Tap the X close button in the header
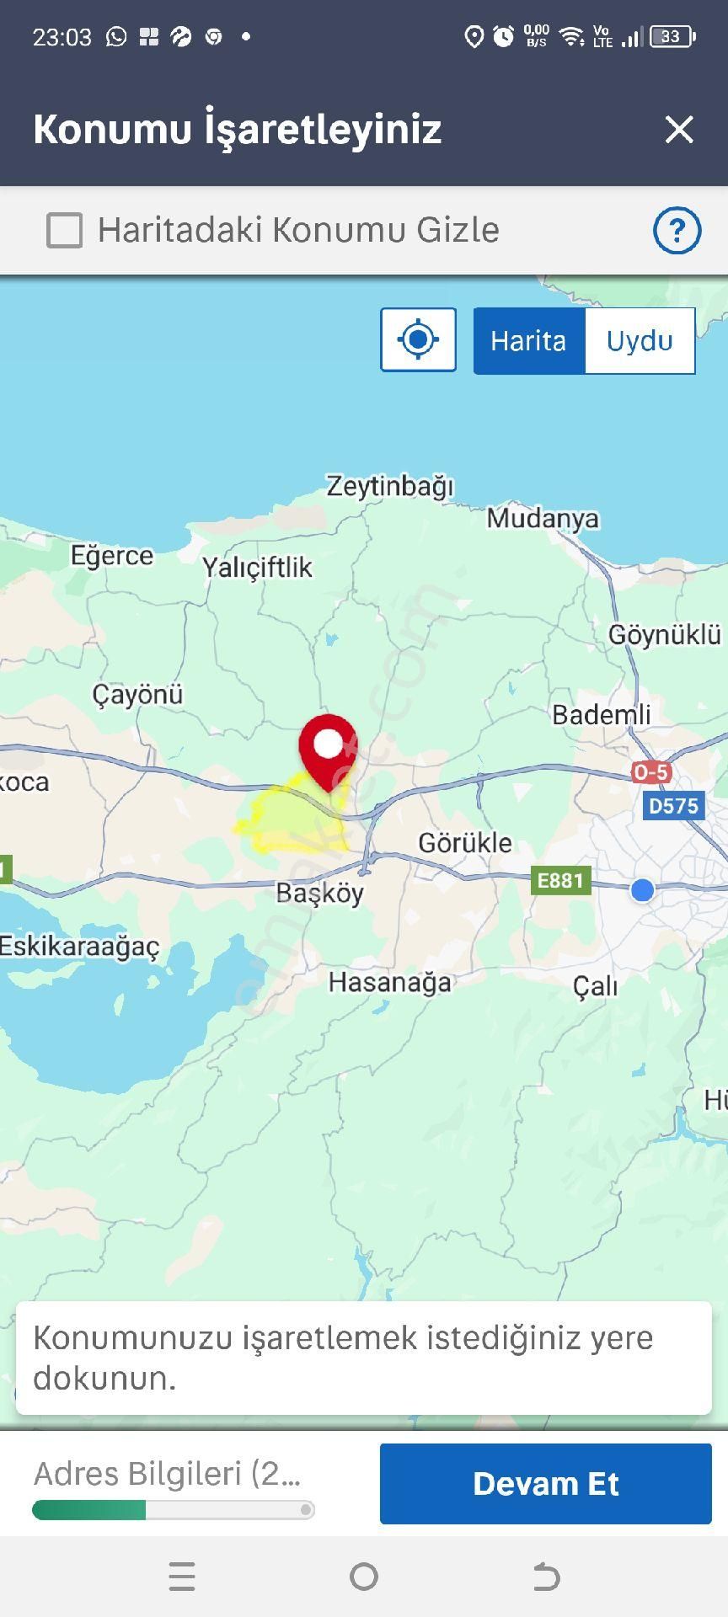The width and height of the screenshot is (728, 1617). [x=678, y=130]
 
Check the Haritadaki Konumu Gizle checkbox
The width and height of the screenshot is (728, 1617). [x=65, y=230]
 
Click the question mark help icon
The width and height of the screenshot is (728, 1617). [x=677, y=230]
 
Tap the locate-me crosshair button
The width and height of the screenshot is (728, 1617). [x=418, y=340]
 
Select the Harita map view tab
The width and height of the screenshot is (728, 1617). [x=528, y=340]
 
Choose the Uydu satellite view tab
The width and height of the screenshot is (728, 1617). [x=640, y=340]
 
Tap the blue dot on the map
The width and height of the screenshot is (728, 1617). [x=643, y=889]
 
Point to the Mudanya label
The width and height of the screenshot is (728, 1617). [x=543, y=518]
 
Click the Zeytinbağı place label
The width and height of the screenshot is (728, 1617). [x=389, y=486]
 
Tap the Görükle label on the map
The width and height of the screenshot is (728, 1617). [x=465, y=842]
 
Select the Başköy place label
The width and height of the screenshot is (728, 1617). [x=320, y=893]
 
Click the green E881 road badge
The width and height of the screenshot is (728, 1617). [x=560, y=881]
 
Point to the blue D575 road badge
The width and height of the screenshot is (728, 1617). [x=673, y=806]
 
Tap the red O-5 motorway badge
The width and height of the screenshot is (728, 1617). [x=651, y=772]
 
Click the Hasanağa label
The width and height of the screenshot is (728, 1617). [x=389, y=982]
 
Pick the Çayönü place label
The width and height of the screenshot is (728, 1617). [x=137, y=695]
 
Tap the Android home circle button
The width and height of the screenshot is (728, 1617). [x=364, y=1577]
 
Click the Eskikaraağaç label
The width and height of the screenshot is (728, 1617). [x=79, y=947]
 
